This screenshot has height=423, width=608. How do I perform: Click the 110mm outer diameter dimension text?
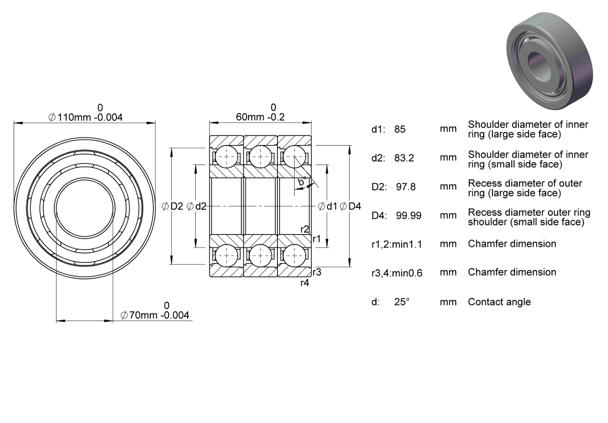pyautogui.click(x=85, y=117)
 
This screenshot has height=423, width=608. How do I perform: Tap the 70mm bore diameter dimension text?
pyautogui.click(x=155, y=315)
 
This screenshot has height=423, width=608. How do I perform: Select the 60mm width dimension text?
pyautogui.click(x=260, y=117)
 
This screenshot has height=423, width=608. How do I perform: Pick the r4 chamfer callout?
pyautogui.click(x=304, y=283)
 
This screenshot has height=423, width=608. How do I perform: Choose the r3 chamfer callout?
pyautogui.click(x=317, y=272)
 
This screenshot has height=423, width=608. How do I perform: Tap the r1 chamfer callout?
pyautogui.click(x=316, y=239)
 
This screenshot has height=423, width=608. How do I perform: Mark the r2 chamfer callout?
pyautogui.click(x=304, y=229)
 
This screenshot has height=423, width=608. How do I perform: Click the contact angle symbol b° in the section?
pyautogui.click(x=302, y=181)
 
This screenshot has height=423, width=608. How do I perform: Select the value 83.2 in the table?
pyautogui.click(x=404, y=158)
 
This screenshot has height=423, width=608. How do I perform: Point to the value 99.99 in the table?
pyautogui.click(x=408, y=215)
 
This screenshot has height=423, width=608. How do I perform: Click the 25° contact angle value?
pyautogui.click(x=402, y=302)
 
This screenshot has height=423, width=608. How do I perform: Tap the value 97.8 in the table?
pyautogui.click(x=406, y=187)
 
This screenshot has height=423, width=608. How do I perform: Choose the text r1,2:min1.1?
pyautogui.click(x=396, y=244)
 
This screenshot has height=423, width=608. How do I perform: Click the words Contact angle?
pyautogui.click(x=499, y=302)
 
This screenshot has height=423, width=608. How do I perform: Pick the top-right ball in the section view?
pyautogui.click(x=294, y=157)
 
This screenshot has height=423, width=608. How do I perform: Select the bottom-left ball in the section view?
pyautogui.click(x=226, y=255)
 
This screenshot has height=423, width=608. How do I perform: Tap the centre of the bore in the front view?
pyautogui.click(x=84, y=208)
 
